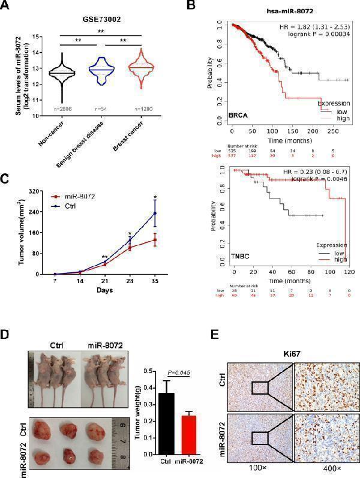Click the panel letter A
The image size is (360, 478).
[8, 8]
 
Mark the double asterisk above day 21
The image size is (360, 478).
[104, 258]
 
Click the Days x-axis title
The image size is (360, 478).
[104, 290]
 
